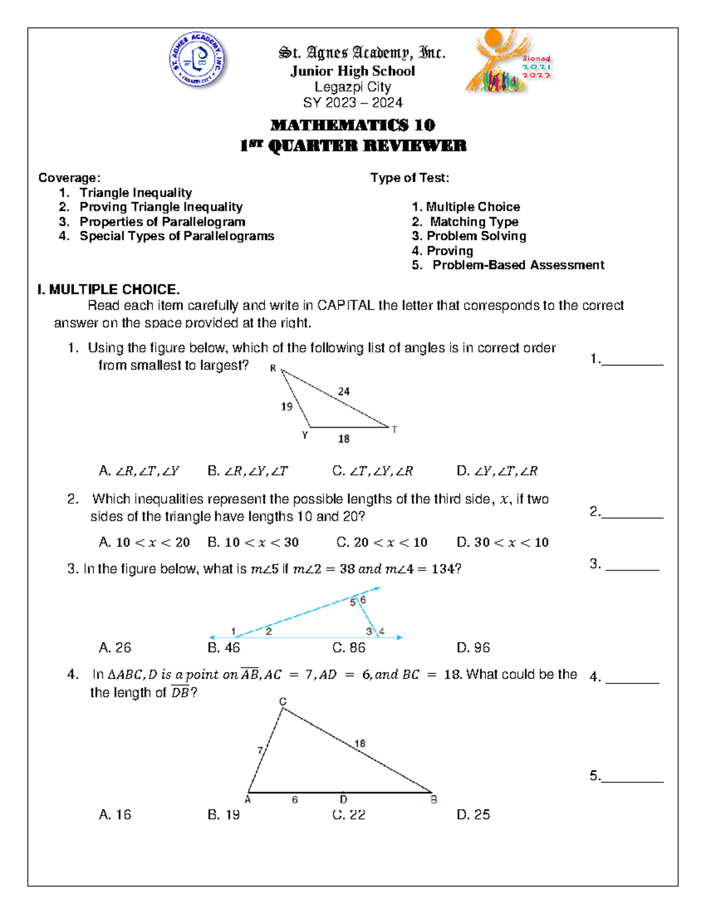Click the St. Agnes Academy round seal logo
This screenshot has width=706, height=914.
pos(197,60)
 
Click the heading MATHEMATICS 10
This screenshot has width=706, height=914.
pos(352,125)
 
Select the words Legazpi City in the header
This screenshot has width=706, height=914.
pos(352,87)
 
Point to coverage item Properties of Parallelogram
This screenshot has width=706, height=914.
pos(162,222)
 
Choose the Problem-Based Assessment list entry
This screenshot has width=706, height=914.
pos(518,265)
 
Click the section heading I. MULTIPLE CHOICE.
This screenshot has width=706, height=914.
pos(108,290)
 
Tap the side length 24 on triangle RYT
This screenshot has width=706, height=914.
pos(344,391)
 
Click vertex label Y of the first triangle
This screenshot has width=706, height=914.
pos(305,436)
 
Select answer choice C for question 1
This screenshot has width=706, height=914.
pos(372,471)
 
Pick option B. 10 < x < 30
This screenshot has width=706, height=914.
pos(253,543)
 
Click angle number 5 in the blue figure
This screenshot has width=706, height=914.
pos(353,602)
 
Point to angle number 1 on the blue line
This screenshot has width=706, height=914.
pos(234,631)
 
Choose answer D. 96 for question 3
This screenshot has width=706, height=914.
pos(473,648)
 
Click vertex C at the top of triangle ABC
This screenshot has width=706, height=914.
pos(282,702)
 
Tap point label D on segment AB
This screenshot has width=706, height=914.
pos(344,800)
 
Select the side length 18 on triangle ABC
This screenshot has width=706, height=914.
pos(359,744)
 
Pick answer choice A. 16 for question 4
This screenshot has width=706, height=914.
pos(115,815)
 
